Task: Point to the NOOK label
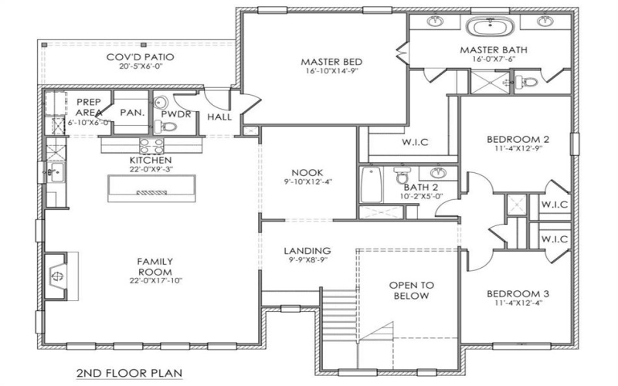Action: pyautogui.click(x=307, y=172)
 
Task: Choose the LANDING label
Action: pyautogui.click(x=307, y=251)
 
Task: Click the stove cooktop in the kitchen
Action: pyautogui.click(x=149, y=145)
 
